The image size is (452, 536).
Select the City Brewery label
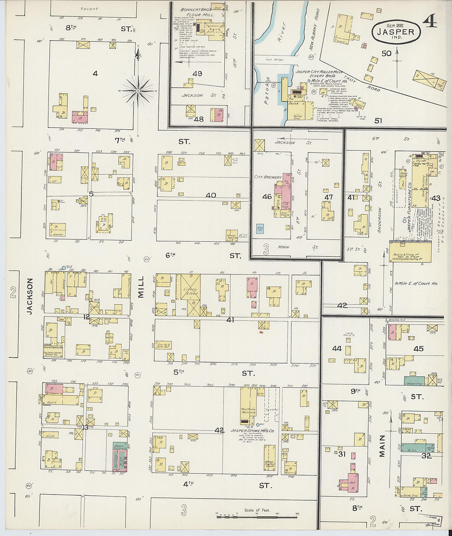268,177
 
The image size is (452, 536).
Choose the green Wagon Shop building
414,380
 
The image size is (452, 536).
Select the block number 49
197,74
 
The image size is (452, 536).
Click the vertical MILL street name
141,287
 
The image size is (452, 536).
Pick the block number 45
418,349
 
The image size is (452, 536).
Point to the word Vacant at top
90,9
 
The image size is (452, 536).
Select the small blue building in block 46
260,229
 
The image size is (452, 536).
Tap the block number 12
86,317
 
